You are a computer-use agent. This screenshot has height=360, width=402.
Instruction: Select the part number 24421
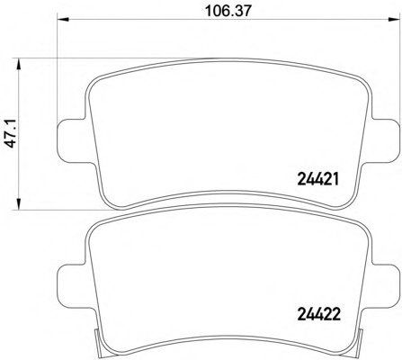click(x=317, y=178)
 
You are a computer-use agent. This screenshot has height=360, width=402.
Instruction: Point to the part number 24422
click(x=317, y=315)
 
